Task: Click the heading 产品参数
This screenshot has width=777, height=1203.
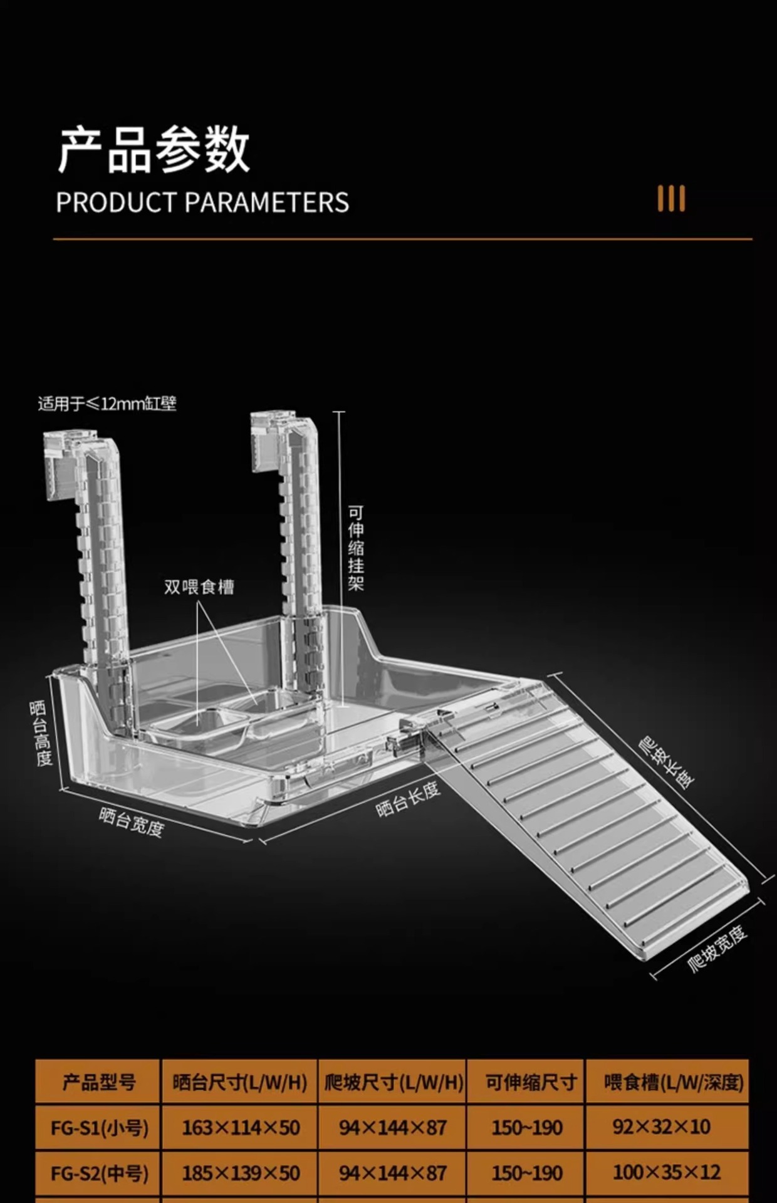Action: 154,150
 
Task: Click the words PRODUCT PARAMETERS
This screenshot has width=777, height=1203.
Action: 202,202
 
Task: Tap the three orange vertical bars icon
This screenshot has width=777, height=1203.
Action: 671,199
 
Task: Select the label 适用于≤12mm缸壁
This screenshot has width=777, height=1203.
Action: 107,404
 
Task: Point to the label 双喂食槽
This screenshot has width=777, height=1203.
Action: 199,587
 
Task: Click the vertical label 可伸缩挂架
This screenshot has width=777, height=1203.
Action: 356,549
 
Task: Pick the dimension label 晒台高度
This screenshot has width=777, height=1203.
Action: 41,733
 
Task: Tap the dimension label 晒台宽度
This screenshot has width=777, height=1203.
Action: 132,822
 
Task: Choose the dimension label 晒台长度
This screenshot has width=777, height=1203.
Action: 408,799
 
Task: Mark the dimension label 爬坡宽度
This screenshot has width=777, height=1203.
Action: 717,949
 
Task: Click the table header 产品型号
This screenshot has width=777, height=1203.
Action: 98,1082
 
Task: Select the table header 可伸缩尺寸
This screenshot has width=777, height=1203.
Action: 531,1082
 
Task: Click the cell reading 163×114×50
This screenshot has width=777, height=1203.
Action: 241,1128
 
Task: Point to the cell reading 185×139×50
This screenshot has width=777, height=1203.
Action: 241,1173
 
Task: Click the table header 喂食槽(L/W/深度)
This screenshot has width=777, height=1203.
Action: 674,1082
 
